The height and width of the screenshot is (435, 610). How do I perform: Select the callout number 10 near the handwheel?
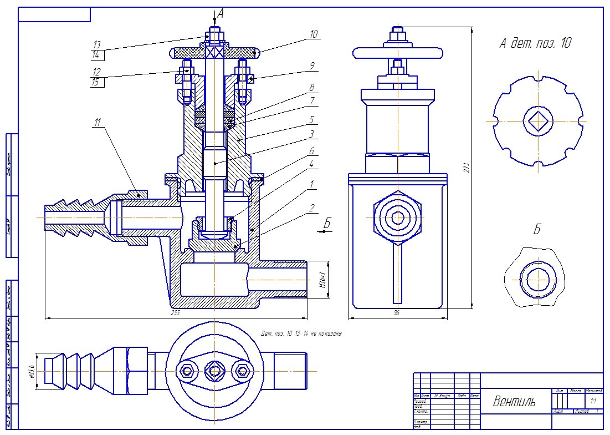point(314,34)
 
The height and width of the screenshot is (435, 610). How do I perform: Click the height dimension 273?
point(467,166)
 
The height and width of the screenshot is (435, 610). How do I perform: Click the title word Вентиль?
point(514,402)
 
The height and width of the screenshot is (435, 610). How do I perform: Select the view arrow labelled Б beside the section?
point(327,224)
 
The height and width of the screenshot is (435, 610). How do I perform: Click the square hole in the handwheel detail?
point(537,120)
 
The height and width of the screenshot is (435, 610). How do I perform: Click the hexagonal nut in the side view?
point(397,217)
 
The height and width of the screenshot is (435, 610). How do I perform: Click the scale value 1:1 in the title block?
point(593,401)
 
